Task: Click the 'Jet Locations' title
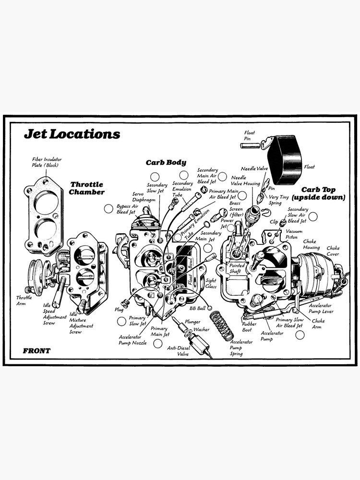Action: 72,134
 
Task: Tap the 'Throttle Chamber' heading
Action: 86,188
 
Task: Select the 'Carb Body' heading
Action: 166,163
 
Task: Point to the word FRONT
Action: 36,351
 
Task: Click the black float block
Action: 285,159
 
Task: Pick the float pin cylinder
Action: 250,145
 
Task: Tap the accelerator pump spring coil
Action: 221,325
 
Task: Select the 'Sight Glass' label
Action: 211,283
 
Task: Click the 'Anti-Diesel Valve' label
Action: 179,351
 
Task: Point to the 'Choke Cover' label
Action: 333,251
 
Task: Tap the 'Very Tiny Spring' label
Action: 278,200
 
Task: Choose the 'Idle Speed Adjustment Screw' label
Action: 55,314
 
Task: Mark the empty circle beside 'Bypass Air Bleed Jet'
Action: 108,209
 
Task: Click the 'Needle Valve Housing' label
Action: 245,180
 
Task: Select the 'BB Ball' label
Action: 197,308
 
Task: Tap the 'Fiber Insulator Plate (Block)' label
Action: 47,162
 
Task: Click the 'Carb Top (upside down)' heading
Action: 318,193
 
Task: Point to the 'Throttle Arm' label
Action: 24,300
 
